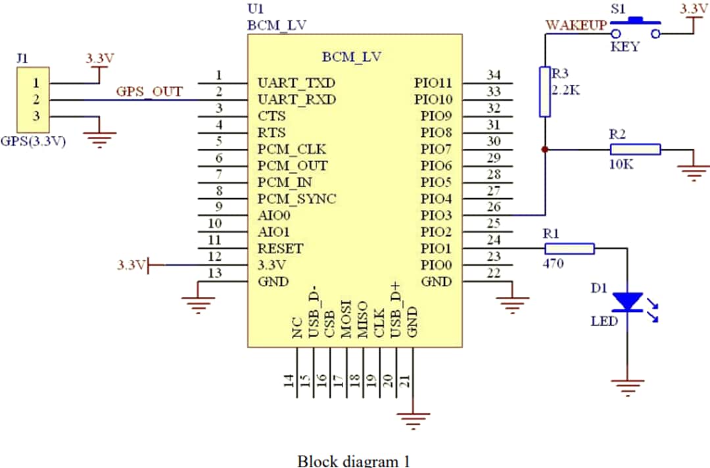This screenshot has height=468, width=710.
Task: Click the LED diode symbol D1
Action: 627,302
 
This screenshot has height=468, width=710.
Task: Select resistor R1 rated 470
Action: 569,248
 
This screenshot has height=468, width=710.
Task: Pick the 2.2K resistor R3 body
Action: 544,91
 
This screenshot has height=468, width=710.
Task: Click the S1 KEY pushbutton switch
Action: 635,25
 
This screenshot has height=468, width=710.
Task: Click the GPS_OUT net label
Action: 149,91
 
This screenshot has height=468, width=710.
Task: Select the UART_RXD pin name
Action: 296,100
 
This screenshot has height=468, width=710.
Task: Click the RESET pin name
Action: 281,248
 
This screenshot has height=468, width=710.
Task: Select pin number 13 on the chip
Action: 214,274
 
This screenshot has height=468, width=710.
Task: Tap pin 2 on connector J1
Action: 36,100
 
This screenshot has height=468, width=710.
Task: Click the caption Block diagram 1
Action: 354,460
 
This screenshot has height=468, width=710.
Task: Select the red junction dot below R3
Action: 544,149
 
